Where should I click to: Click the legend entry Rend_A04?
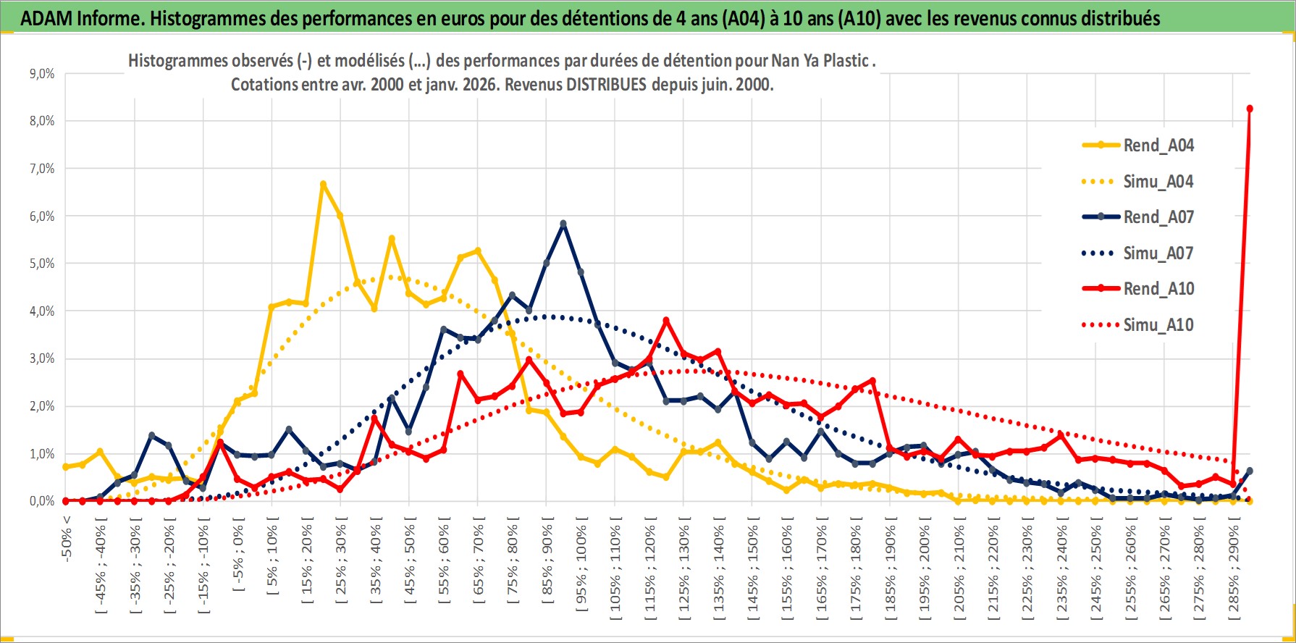coord(1158,146)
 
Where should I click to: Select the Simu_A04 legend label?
coord(1158,182)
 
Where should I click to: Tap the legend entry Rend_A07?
coord(1158,217)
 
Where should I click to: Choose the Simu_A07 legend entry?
coord(1158,253)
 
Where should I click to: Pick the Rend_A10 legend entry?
coord(1158,289)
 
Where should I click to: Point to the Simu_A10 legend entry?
coord(1158,325)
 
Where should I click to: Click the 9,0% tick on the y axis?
coord(41,74)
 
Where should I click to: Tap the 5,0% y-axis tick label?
coord(41,264)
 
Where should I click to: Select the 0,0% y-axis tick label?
coord(41,501)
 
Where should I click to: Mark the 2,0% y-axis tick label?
coord(41,406)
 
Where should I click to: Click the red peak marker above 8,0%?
coord(1250,109)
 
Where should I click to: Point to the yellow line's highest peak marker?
coord(323,184)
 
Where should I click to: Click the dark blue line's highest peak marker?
coord(563,224)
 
